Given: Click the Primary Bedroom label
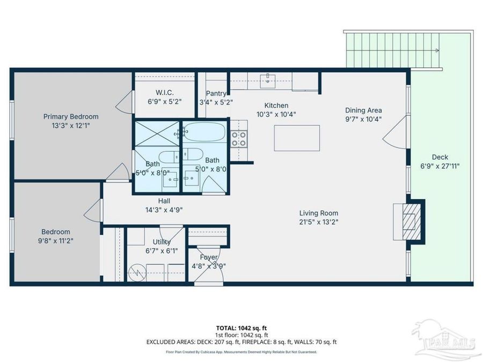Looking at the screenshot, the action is tap(71, 117).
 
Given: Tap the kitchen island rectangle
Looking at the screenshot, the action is tap(297, 138).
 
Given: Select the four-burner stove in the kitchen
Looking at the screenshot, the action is tap(239, 139).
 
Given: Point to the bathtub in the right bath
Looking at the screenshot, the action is tap(204, 132).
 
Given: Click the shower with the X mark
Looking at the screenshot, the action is tap(157, 134).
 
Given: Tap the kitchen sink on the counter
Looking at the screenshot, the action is tap(268, 80).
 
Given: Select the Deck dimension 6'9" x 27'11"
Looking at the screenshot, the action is tap(440, 166).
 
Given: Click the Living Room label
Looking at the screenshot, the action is tap(318, 213).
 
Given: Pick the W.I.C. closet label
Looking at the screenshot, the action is tap(165, 92).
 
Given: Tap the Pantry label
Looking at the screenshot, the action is tap(216, 93).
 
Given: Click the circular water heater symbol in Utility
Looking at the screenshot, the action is tap(136, 273).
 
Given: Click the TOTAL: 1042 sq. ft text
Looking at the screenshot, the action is tap(239, 328).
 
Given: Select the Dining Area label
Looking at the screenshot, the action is tap(363, 110).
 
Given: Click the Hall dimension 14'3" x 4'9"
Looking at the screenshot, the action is tap(164, 210).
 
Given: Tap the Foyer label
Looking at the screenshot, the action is tap(209, 257).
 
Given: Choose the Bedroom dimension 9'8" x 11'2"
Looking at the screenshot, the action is tap(55, 241).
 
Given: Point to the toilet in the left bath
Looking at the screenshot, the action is tap(169, 157).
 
